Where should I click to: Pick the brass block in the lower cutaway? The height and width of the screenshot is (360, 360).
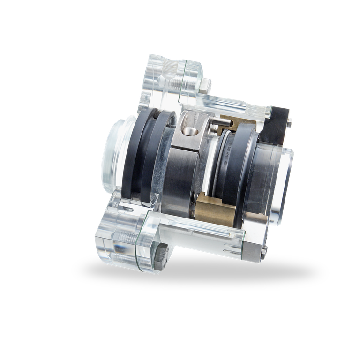[217, 208]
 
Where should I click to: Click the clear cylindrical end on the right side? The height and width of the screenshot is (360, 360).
[281, 178]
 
